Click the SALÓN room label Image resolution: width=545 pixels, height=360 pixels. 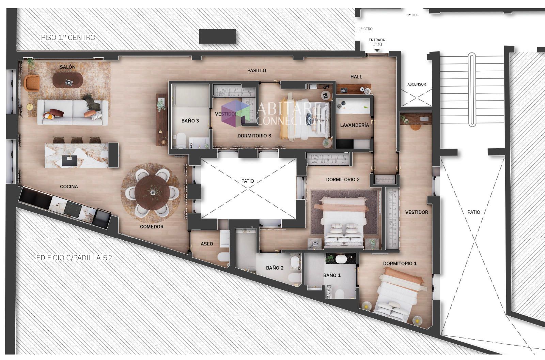coord(68,67)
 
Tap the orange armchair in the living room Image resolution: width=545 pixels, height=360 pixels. coord(32,83)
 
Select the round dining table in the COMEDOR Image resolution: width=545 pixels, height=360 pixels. coord(152,193)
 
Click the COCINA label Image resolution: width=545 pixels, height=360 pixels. coord(69,186)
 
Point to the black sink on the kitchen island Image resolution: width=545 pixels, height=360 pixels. coord(69,161)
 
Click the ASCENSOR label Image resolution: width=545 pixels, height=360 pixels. coord(417,84)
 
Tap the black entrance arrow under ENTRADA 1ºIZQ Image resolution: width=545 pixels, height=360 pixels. coord(377,50)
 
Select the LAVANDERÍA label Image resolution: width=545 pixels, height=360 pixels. coord(355,125)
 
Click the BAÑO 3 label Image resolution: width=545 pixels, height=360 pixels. coord(190,121)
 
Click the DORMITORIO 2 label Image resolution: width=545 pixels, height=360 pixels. coord(343,180)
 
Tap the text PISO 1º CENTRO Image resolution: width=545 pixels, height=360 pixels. coord(68,37)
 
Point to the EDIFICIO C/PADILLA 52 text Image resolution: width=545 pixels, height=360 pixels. coord(74,258)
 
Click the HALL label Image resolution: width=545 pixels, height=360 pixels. coord(356,77)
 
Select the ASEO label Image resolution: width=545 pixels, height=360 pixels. coord(207,244)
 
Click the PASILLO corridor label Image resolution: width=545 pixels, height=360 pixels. coord(257,71)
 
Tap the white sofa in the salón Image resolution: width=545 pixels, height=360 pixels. coord(73,112)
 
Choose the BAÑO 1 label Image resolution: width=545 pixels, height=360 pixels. coord(332,275)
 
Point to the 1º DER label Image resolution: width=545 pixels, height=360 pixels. coord(412,15)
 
